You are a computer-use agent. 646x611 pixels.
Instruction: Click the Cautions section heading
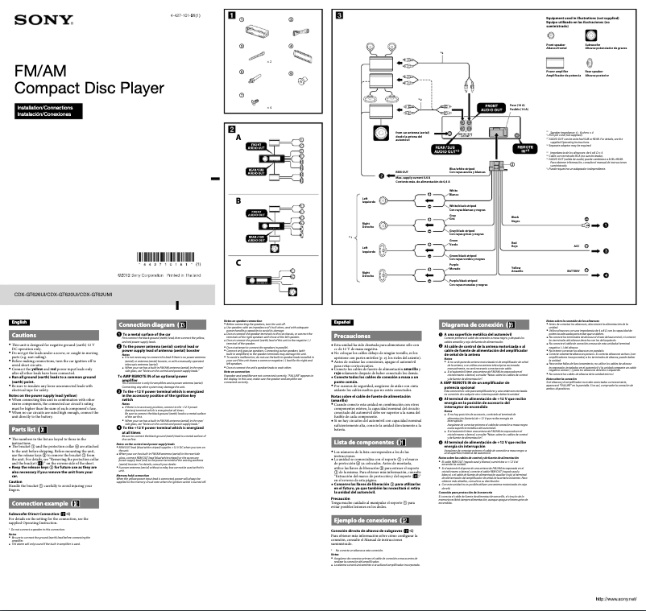click(x=24, y=335)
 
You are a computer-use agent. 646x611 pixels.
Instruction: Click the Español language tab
click(x=342, y=322)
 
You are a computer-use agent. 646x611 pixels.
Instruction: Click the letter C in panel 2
click(x=238, y=263)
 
